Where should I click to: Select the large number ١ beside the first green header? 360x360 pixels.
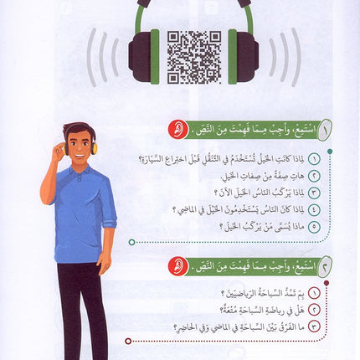pyautogui.click(x=324, y=131)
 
